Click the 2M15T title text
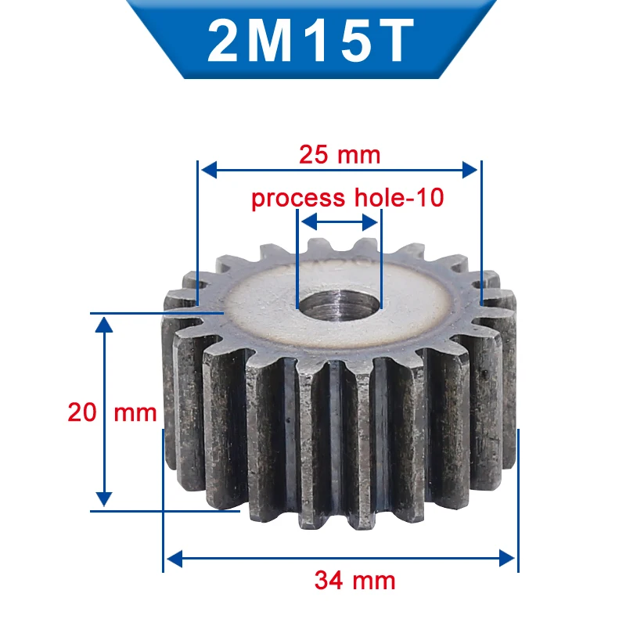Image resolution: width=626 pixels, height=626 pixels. click(310, 41)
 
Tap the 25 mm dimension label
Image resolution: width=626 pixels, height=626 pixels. click(340, 155)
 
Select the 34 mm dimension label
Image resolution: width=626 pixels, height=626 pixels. click(354, 581)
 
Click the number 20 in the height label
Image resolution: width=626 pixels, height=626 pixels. click(82, 412)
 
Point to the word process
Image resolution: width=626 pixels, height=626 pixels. click(298, 199)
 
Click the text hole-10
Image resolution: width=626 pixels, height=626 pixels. click(399, 197)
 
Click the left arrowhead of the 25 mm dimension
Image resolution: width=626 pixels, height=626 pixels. click(209, 170)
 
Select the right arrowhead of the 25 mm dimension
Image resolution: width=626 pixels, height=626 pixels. click(470, 170)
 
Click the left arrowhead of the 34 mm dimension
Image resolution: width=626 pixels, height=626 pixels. click(174, 558)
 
